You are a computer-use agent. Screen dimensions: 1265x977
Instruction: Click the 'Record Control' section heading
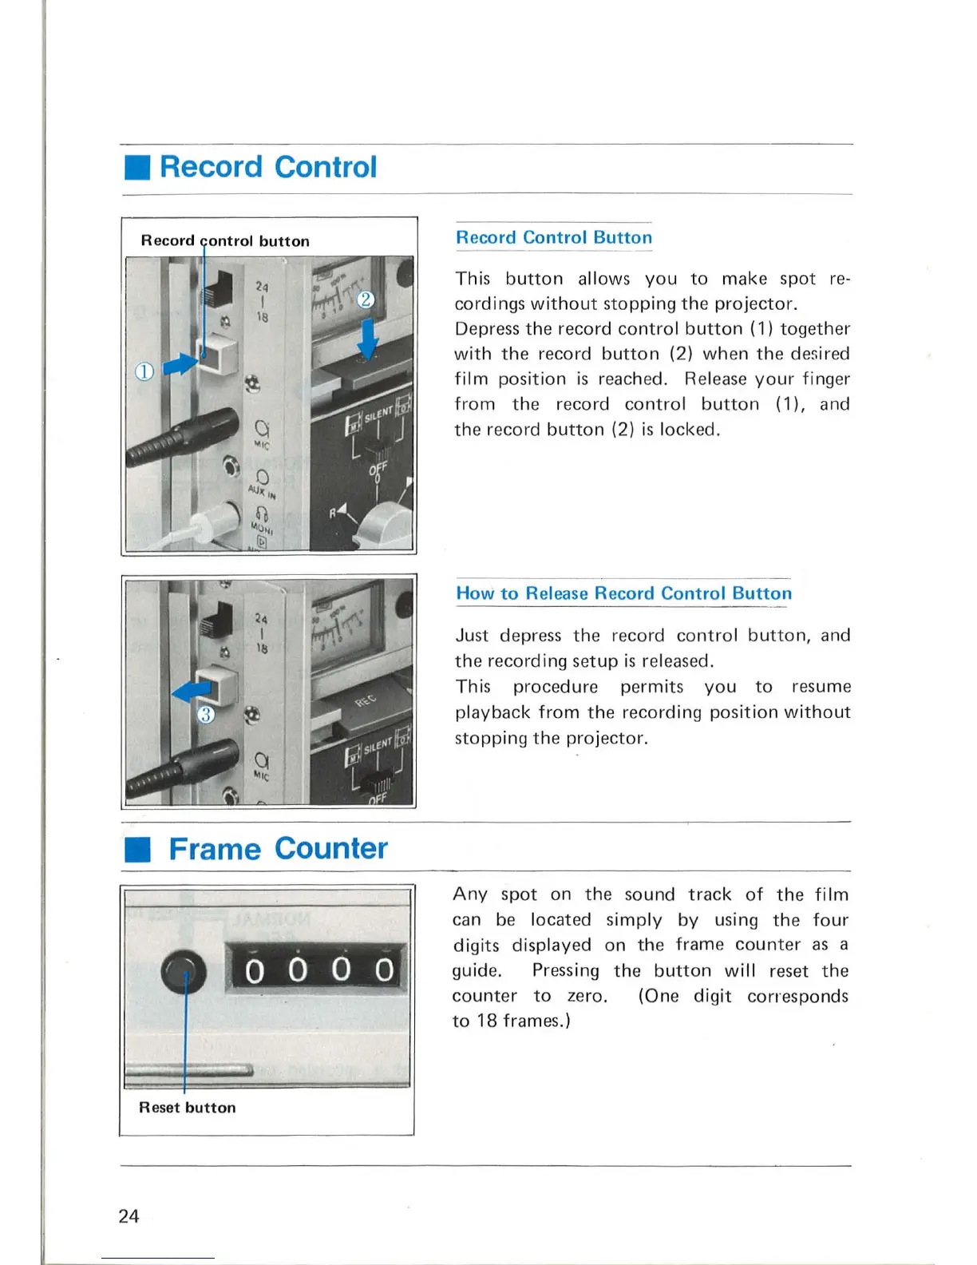point(268,167)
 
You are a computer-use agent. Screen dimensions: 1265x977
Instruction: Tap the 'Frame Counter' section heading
point(278,848)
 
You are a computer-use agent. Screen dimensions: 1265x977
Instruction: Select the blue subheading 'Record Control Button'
point(554,237)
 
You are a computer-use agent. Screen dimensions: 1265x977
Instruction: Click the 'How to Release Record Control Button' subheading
point(623,593)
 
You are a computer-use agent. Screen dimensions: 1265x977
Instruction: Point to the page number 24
point(129,1215)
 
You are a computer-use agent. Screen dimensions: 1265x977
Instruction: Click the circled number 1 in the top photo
point(144,371)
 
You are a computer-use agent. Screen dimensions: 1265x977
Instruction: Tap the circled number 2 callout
point(365,299)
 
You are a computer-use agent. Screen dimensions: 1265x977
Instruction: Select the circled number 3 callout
point(206,714)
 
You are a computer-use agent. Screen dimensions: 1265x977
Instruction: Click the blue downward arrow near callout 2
point(367,339)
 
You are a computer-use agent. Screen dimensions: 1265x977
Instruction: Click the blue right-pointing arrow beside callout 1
point(180,365)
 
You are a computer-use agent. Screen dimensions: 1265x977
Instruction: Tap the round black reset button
point(184,972)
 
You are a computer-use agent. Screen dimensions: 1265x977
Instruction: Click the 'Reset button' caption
point(188,1108)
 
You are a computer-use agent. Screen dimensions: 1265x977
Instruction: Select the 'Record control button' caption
point(225,240)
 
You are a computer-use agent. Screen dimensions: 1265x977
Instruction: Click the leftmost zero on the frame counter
point(255,970)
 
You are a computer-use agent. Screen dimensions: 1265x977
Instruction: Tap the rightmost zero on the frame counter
point(385,970)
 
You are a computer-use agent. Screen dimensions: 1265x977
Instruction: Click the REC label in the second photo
point(365,701)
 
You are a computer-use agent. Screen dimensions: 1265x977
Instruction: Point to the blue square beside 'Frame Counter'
point(137,850)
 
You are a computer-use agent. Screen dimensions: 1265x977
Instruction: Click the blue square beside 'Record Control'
point(137,169)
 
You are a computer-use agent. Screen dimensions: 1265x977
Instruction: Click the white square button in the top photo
point(219,354)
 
